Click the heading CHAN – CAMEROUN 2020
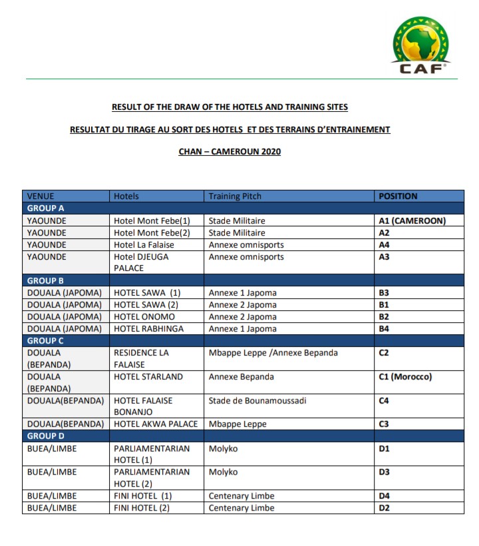(230, 152)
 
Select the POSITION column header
(398, 196)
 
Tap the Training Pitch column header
(235, 196)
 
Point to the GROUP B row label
(45, 281)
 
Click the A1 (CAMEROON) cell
(412, 221)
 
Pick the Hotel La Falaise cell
(144, 245)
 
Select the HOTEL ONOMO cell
(144, 317)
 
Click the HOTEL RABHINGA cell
(150, 329)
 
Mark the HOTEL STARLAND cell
(148, 377)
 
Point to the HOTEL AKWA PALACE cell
(156, 424)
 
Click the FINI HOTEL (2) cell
(142, 508)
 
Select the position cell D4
(384, 496)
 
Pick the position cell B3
(384, 293)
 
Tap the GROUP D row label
(46, 436)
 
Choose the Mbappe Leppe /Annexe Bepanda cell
(273, 353)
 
